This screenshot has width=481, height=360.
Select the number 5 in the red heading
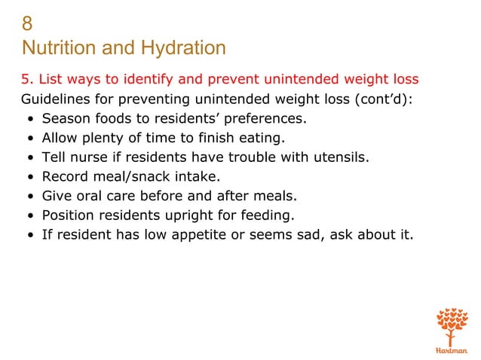point(25,79)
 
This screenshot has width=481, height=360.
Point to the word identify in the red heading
point(157,79)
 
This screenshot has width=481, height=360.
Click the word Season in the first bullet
point(66,118)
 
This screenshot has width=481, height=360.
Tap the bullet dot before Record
point(29,178)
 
